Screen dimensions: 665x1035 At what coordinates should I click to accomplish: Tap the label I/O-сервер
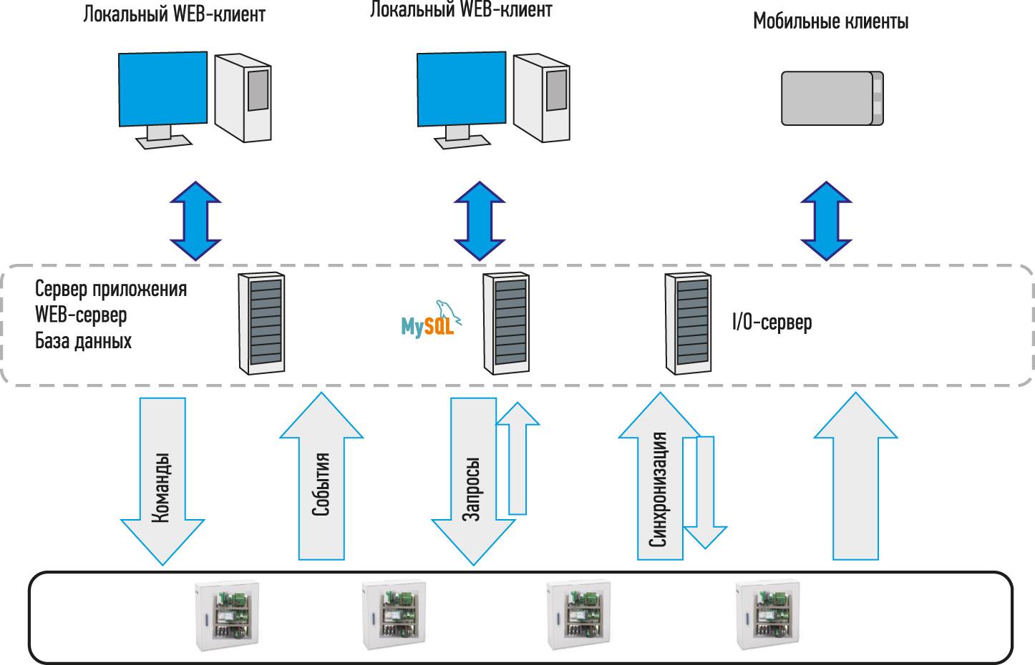tap(772, 322)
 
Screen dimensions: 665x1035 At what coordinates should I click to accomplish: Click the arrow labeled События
tap(321, 479)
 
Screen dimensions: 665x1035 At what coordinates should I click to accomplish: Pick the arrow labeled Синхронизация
tap(659, 486)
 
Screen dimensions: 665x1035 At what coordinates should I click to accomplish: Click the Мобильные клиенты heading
tap(830, 21)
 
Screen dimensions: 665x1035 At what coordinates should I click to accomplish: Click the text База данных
tap(83, 340)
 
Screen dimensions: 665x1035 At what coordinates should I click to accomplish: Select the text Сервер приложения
tap(111, 289)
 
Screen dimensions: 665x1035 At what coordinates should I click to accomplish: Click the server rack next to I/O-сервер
tap(689, 323)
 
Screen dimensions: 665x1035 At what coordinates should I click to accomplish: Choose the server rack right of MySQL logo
tap(507, 323)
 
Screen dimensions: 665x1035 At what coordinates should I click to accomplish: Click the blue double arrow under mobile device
tap(826, 221)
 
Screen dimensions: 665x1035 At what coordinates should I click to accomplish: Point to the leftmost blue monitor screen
tap(162, 87)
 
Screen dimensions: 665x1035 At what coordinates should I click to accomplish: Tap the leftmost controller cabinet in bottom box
tap(228, 616)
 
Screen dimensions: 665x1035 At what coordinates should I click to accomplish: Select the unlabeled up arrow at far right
tap(855, 479)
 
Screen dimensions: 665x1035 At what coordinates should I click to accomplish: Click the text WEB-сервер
tap(81, 315)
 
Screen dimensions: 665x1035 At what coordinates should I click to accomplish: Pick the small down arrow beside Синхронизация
tap(705, 493)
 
